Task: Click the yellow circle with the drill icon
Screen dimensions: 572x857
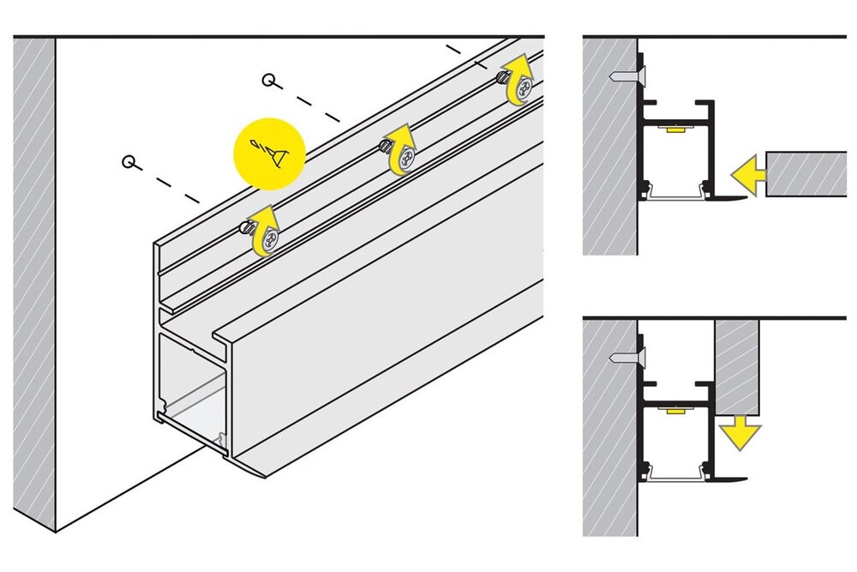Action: coord(270,153)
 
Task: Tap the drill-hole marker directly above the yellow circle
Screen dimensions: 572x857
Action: coord(269,81)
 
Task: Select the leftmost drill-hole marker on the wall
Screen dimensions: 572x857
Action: coord(129,160)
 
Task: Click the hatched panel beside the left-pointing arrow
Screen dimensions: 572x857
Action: coord(805,175)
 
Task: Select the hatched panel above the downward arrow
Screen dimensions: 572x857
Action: coord(737,364)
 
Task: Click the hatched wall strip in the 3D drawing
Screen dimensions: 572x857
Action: coord(34,283)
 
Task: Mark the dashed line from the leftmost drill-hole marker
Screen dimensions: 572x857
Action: coord(171,184)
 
